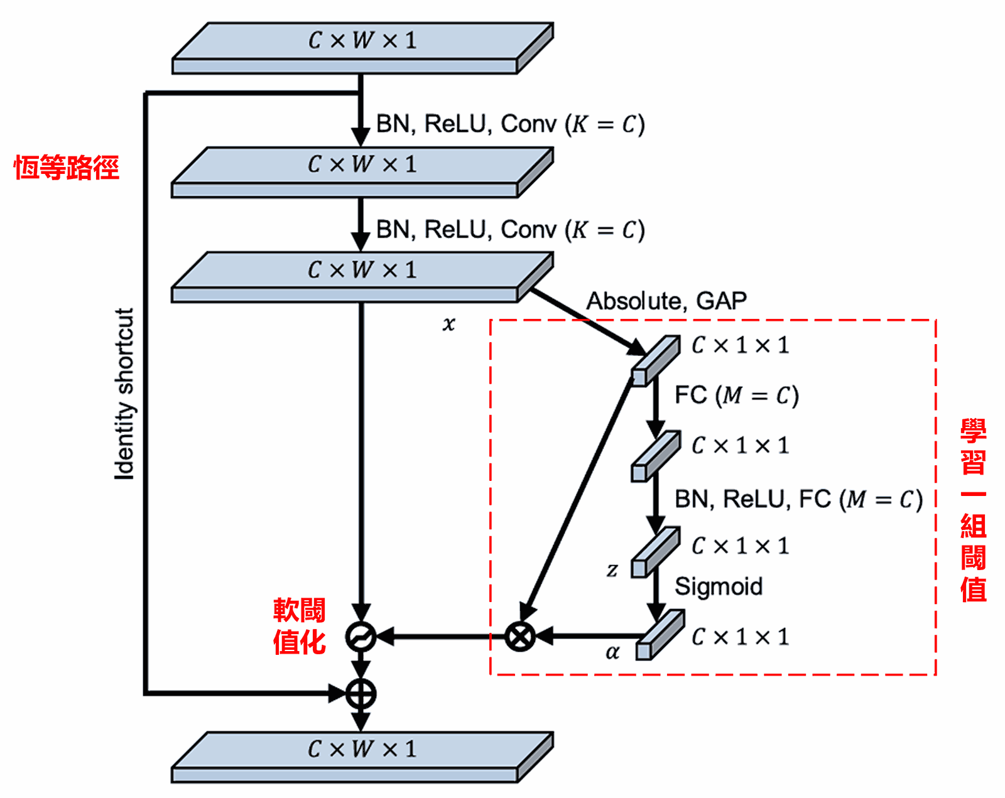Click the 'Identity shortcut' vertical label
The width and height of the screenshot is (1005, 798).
[124, 394]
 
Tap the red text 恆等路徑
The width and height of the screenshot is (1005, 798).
[67, 168]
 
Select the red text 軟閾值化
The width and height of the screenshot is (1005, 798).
[299, 626]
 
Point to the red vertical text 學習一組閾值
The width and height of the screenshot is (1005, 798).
[973, 510]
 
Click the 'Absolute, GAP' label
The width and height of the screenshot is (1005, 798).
[666, 301]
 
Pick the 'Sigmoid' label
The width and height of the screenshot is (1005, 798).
[719, 586]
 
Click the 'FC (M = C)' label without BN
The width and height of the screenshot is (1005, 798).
[736, 396]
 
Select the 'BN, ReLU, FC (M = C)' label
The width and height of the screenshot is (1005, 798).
[798, 499]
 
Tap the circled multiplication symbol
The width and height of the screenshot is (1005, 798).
[520, 637]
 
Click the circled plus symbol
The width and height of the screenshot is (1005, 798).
[361, 694]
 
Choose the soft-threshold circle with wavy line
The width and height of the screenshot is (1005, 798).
[361, 637]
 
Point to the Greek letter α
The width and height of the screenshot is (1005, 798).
[612, 652]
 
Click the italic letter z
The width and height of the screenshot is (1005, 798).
[612, 569]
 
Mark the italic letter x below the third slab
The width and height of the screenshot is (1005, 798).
[448, 323]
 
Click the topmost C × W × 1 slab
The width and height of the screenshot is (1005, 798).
[362, 48]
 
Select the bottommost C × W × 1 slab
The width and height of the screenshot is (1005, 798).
[362, 757]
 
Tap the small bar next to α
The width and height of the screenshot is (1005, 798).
[659, 635]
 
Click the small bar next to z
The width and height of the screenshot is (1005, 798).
[655, 552]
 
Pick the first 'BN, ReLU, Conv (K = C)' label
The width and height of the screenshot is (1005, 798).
[510, 124]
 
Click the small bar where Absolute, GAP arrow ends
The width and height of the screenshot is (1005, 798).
[656, 360]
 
